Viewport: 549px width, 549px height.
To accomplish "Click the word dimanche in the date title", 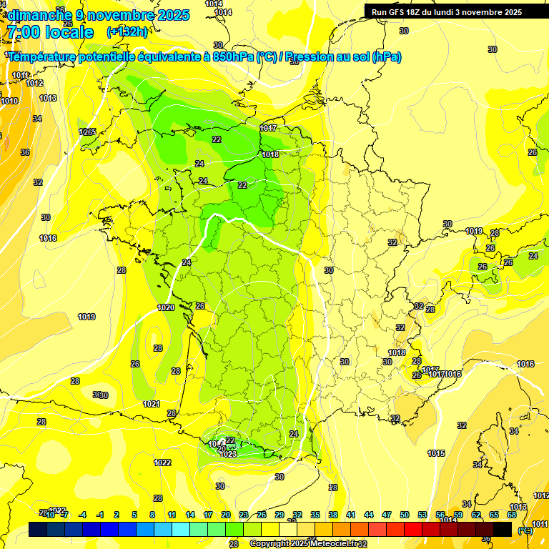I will [x=36, y=15].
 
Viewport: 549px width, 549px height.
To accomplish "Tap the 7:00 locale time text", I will [x=49, y=32].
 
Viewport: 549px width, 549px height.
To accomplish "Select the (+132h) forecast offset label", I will [x=127, y=31].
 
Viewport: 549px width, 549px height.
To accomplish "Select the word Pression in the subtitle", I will [x=312, y=57].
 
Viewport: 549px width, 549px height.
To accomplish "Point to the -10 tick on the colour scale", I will [x=49, y=515].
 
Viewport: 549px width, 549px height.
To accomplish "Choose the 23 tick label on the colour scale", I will [x=244, y=515].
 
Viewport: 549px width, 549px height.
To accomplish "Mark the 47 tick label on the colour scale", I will [x=387, y=515].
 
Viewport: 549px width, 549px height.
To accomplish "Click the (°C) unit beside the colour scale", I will [x=525, y=530].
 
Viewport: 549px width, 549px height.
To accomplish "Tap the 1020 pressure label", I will [x=165, y=307].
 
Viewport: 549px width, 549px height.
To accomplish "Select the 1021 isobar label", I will [x=151, y=404].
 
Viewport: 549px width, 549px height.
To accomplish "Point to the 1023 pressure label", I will [x=227, y=454].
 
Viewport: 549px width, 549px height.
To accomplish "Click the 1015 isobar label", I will [x=436, y=453].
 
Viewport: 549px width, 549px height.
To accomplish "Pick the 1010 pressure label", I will [x=9, y=101].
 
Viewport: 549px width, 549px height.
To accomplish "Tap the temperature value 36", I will [x=25, y=152].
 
